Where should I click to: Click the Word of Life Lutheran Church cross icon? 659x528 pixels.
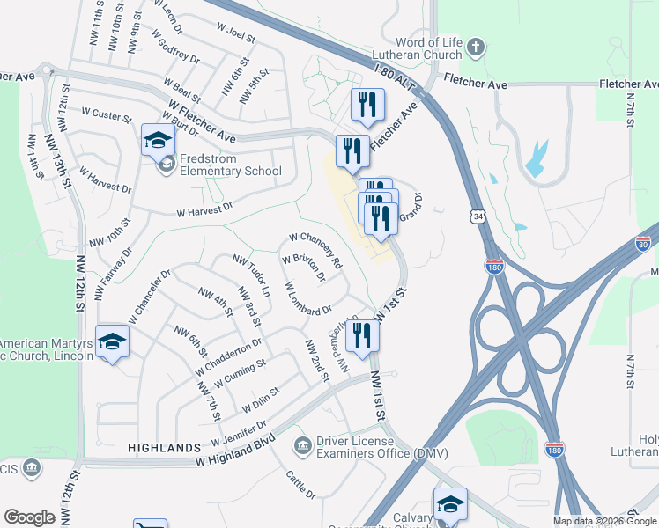click(476, 48)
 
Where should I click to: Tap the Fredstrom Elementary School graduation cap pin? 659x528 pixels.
click(158, 140)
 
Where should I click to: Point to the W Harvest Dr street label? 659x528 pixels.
click(204, 209)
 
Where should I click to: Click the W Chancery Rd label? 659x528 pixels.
click(315, 250)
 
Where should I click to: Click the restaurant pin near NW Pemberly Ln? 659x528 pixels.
click(361, 335)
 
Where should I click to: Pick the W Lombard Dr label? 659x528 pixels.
click(307, 298)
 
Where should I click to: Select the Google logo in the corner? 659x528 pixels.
click(29, 517)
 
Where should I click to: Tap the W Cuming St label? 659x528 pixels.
click(241, 370)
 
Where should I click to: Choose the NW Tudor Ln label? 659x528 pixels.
click(251, 273)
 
